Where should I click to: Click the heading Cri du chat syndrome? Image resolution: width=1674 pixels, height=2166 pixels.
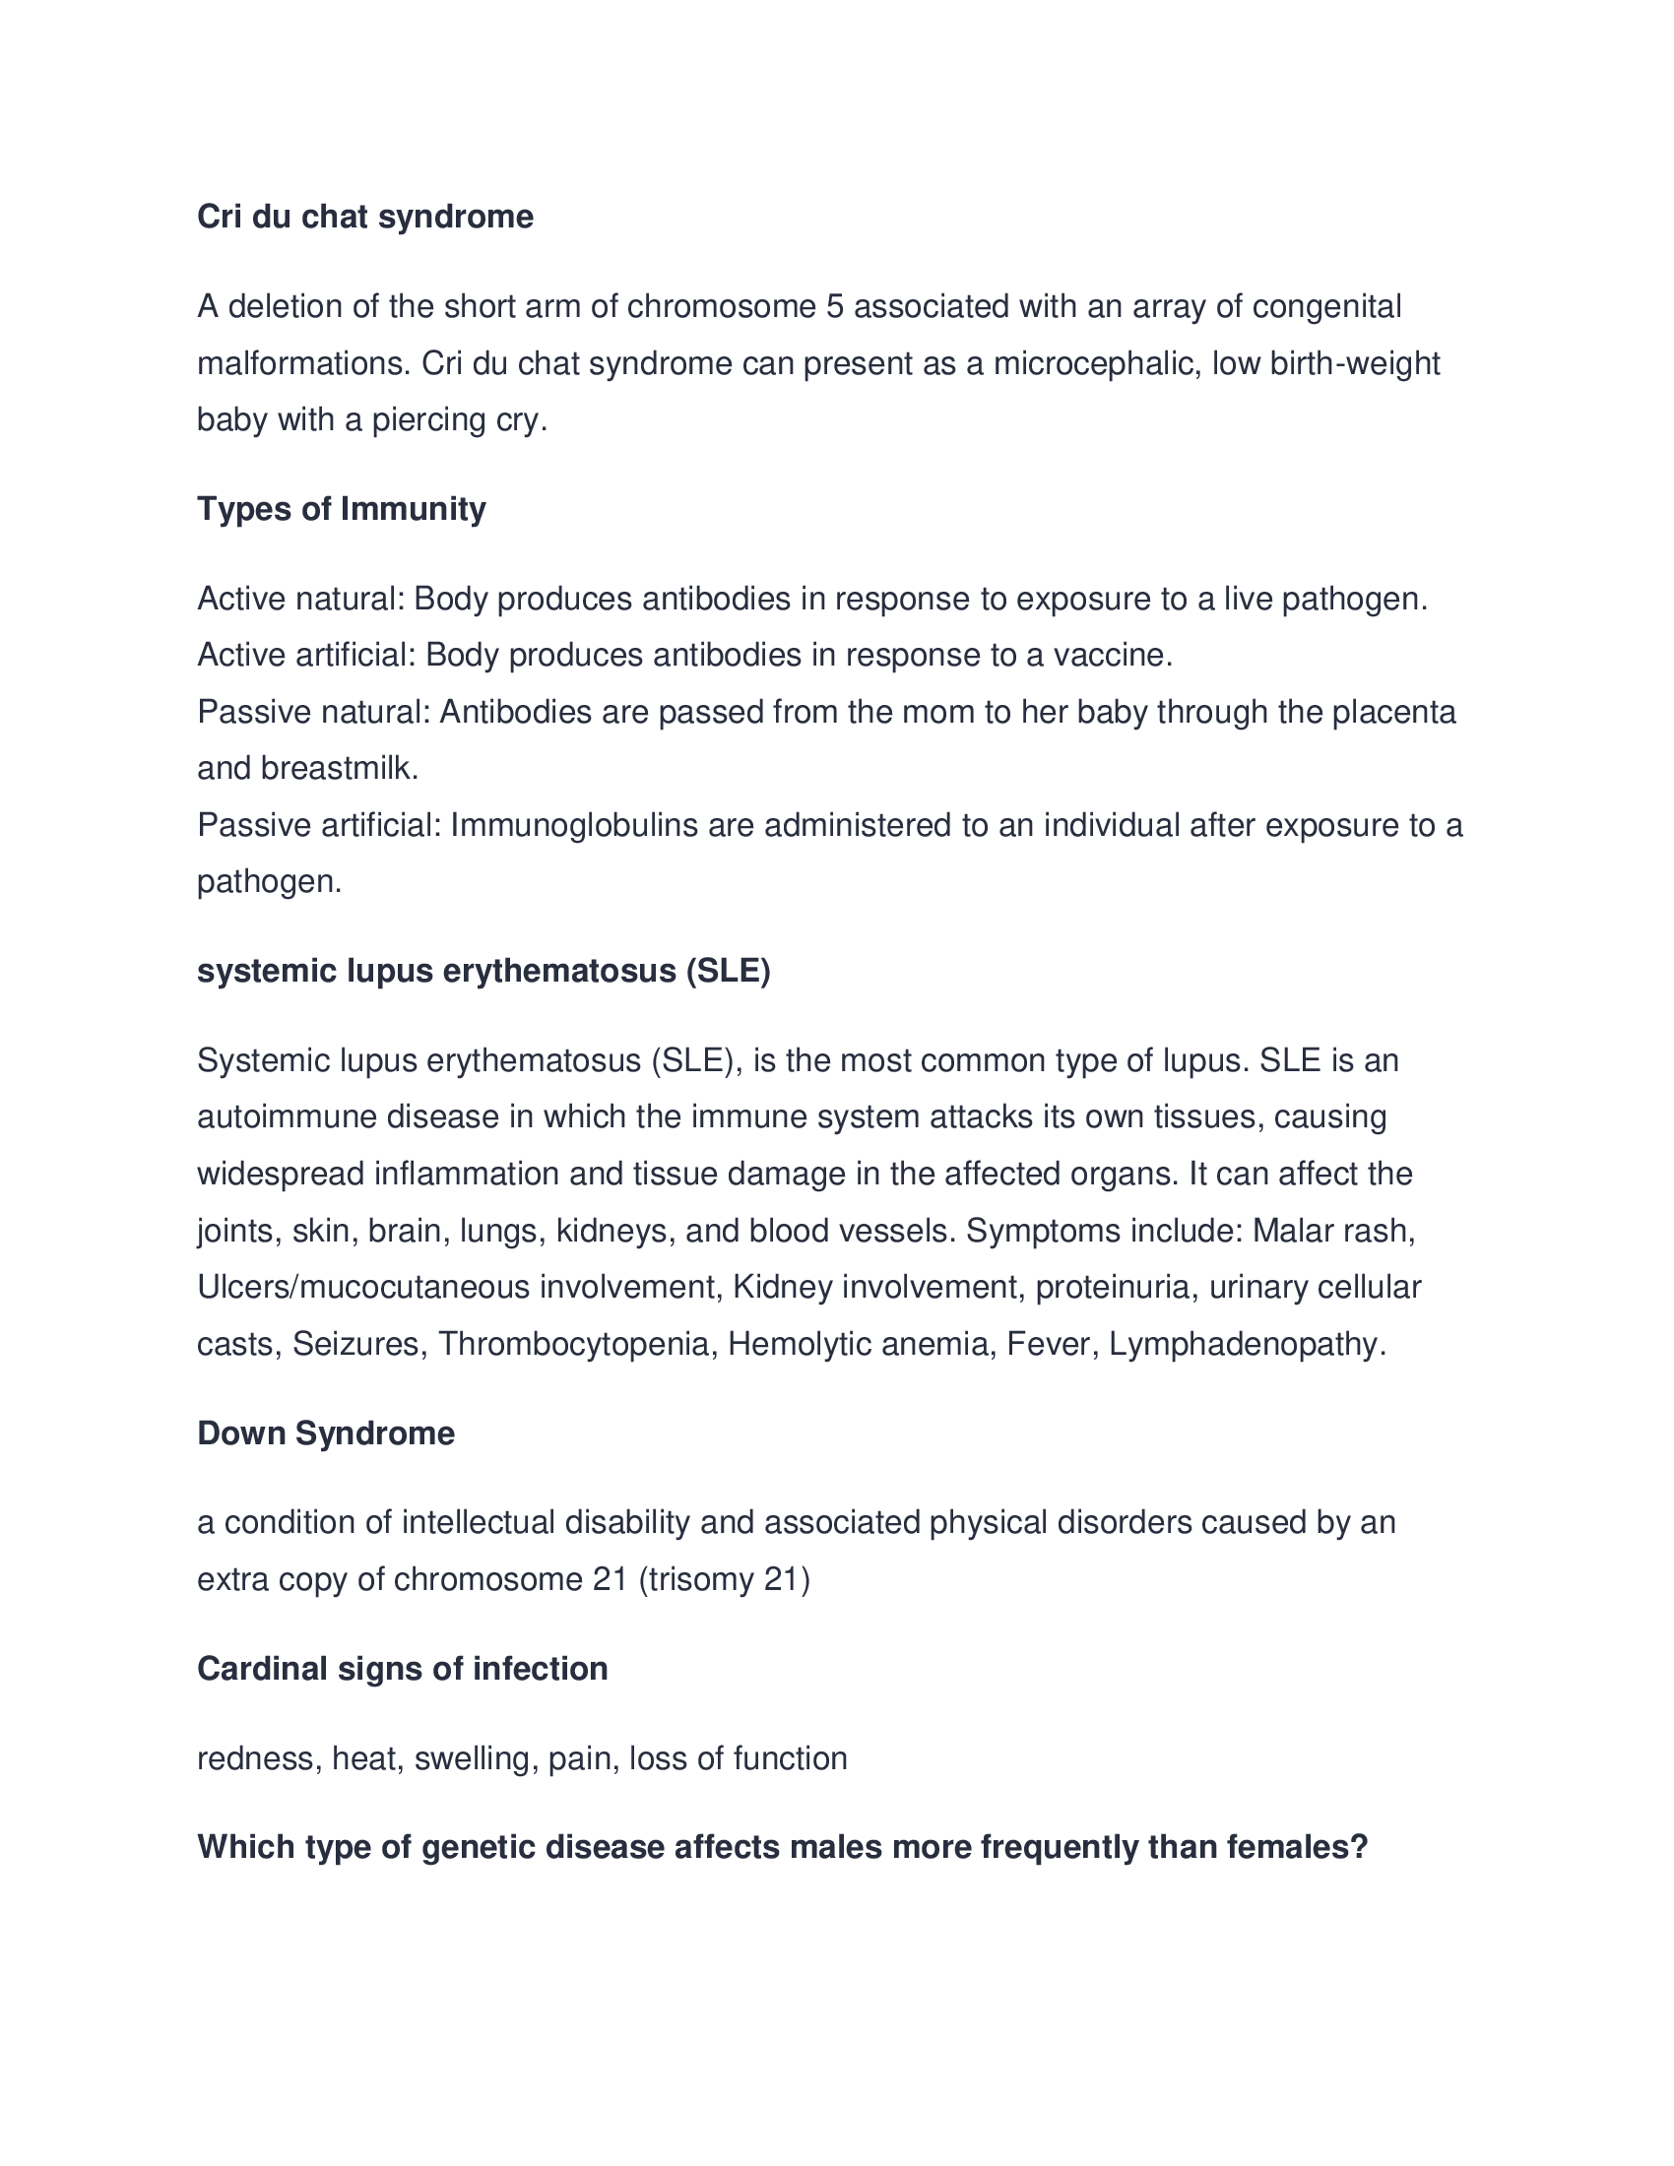(365, 217)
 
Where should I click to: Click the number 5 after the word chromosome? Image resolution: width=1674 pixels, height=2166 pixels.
(835, 306)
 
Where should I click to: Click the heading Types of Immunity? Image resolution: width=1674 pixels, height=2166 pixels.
(341, 509)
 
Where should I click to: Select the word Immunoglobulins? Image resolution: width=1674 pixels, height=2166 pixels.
(574, 825)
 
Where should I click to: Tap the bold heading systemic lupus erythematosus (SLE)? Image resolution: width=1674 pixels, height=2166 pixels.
(483, 971)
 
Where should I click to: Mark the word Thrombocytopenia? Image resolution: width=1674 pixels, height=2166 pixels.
(574, 1345)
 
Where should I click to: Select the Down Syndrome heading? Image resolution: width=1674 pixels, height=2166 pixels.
(325, 1433)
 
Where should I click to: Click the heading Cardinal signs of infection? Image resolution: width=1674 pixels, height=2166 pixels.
(403, 1668)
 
